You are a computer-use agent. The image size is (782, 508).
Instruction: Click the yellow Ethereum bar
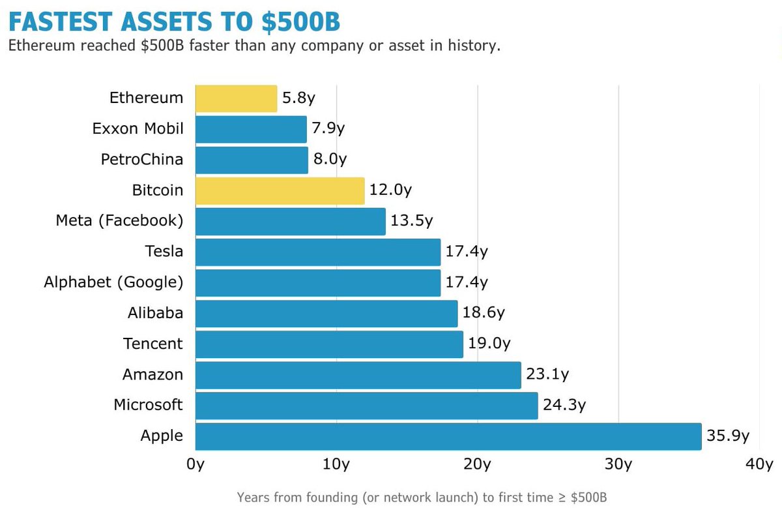coord(236,98)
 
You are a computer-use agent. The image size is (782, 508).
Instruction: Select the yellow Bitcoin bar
coord(280,190)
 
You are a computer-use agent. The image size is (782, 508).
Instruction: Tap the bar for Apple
coord(448,436)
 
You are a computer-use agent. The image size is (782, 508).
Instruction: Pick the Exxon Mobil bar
coord(251,129)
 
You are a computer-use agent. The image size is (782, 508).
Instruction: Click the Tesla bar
coord(318,252)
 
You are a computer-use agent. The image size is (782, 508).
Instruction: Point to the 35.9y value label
coord(728,436)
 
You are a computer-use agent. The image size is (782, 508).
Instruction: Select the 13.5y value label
coord(412,221)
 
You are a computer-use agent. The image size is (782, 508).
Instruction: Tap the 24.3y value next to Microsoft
coord(564,405)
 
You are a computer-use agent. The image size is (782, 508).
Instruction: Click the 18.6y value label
coord(484,313)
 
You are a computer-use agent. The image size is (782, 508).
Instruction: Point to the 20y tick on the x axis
coord(478,464)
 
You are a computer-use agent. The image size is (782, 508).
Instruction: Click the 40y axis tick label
coord(759,464)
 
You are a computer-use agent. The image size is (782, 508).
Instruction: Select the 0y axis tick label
coord(195,464)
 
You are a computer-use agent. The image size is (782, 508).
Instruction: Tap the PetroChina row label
coord(142,160)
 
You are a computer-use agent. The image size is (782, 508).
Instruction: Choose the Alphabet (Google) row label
coord(113,282)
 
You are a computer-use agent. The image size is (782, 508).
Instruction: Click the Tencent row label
coord(153,344)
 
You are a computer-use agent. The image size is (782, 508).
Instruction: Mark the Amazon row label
coord(152,374)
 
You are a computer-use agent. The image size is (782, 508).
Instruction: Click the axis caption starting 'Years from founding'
coord(422,497)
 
